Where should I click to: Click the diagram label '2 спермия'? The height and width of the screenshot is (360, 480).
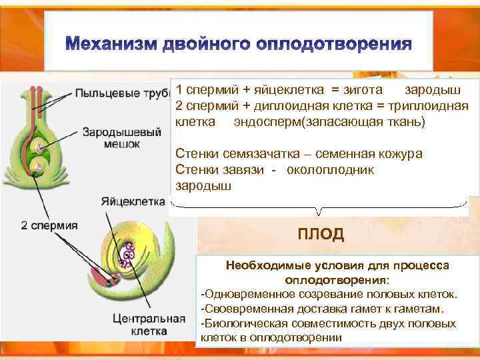pos(49,225)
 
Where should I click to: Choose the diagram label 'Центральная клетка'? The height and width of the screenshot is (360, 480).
pos(149,324)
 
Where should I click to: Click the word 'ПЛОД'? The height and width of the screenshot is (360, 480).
pos(321,234)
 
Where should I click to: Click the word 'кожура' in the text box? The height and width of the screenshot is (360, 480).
pos(399,154)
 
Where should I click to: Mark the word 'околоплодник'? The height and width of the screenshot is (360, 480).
pos(330,170)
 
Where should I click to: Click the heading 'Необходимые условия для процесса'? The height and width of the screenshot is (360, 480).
pos(337,265)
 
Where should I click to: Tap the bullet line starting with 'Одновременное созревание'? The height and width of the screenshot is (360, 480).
pos(329,294)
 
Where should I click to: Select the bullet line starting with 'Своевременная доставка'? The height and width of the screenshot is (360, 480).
pos(321,309)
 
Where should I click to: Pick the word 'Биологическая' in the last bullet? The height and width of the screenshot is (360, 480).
pos(242,323)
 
